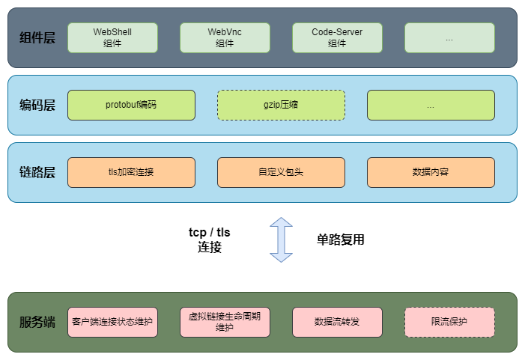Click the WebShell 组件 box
coord(112,37)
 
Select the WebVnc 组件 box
coord(225,37)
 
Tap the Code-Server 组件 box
coord(337,37)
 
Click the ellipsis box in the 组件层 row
coord(449,37)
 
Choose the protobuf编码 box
coord(131,106)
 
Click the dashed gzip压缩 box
coord(281,106)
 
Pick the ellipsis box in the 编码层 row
coord(431,106)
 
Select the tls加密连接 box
coord(131,172)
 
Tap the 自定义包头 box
coord(281,172)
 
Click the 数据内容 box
coord(431,172)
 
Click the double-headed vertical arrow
coord(281,240)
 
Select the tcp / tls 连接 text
coord(210,240)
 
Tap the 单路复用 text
coord(341,240)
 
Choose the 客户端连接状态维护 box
coord(112,322)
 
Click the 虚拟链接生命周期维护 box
coord(225,322)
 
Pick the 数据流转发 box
coord(337,322)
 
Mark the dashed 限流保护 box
coord(449,322)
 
